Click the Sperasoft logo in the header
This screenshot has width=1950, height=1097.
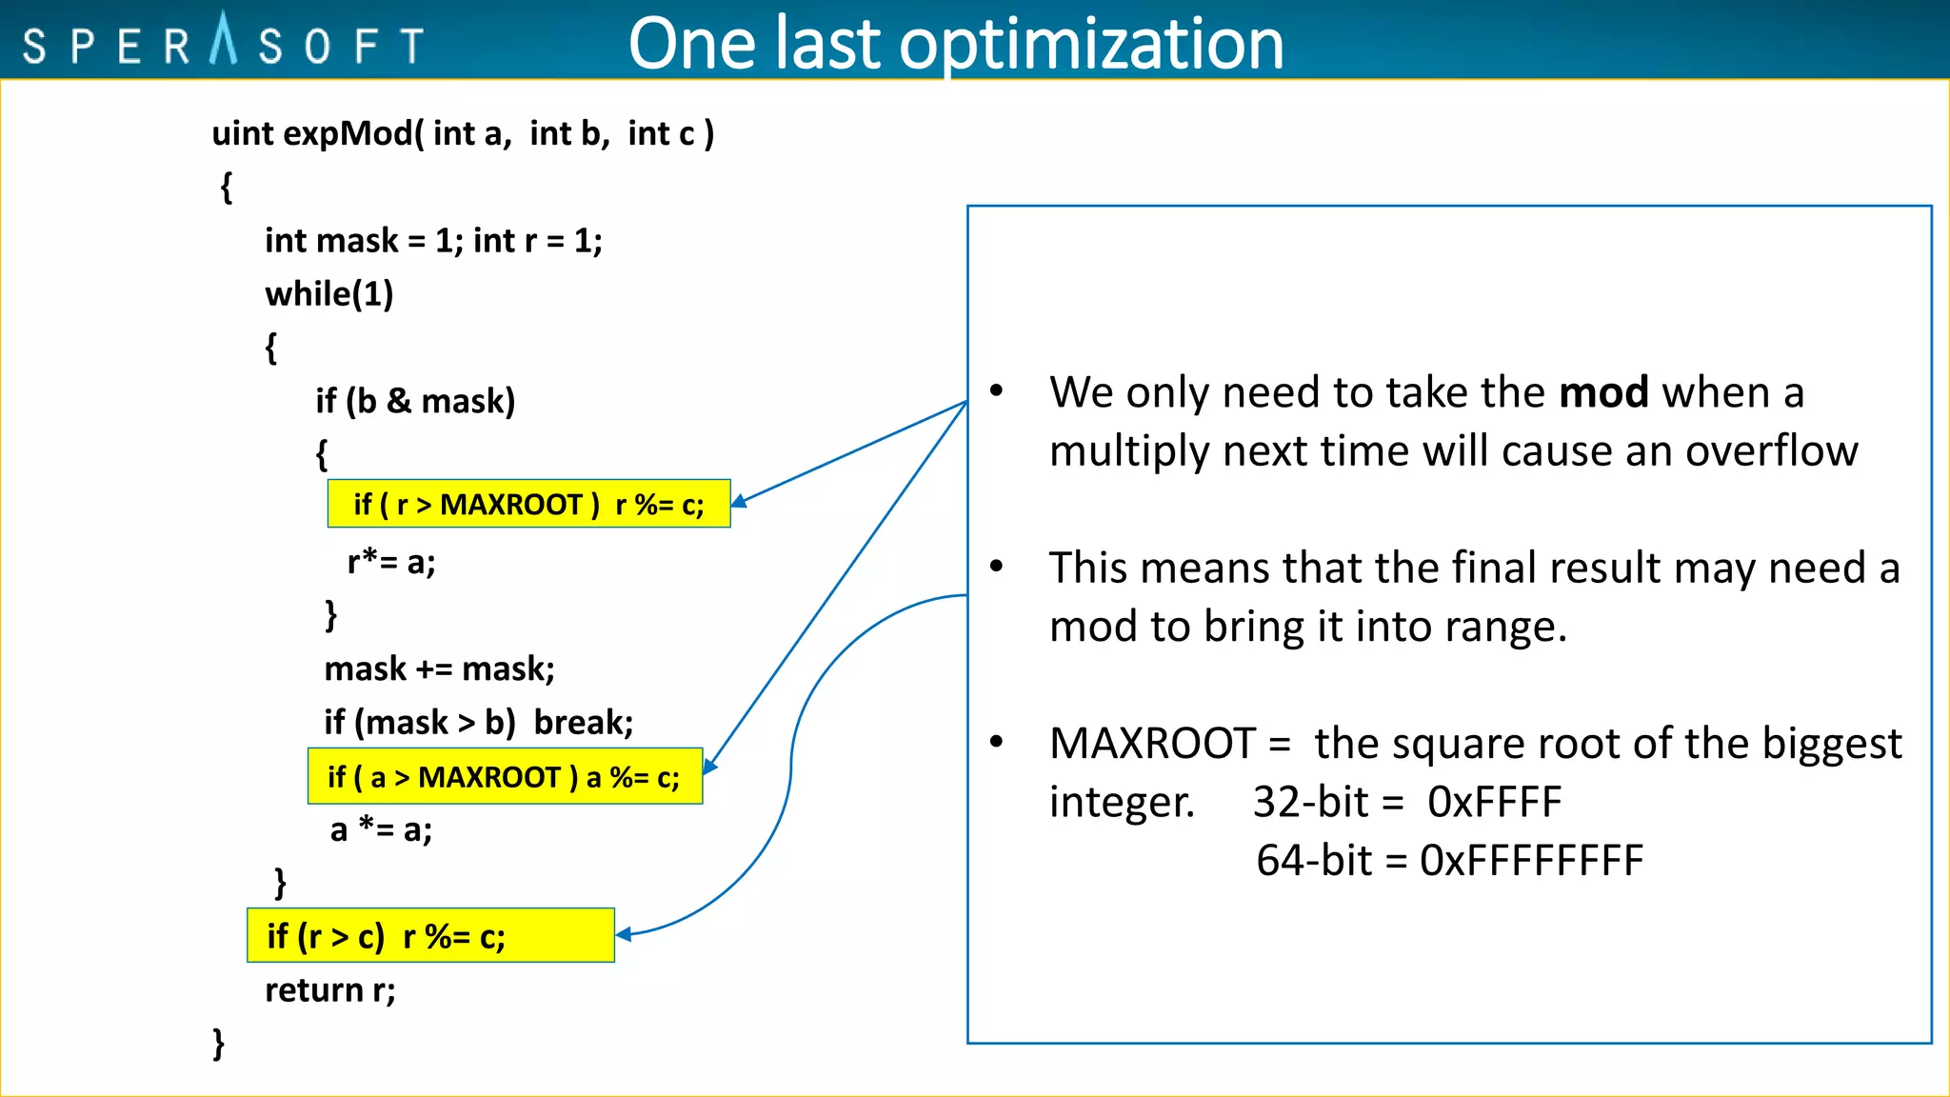(223, 43)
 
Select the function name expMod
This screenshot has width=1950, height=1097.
(348, 133)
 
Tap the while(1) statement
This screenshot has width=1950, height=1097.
(329, 293)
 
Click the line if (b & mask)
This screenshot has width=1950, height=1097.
(415, 401)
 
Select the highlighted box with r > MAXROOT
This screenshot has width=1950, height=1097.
(528, 504)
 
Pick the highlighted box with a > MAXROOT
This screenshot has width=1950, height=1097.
(505, 777)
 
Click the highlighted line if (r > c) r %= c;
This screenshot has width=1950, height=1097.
(430, 936)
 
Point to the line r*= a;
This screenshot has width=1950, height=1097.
(391, 562)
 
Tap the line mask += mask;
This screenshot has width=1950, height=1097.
(439, 668)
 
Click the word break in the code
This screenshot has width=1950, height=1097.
(582, 723)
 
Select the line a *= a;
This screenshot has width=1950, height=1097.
(381, 829)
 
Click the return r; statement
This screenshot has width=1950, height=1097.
(329, 990)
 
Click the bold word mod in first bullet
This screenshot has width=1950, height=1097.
(1603, 392)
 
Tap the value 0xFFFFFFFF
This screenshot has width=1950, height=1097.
(1531, 861)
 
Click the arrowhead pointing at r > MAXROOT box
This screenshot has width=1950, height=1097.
(737, 502)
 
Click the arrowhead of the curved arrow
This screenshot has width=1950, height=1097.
(623, 935)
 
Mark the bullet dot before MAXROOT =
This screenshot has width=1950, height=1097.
(996, 742)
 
